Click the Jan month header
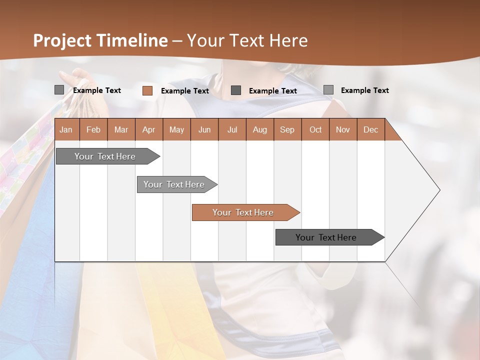click(66, 129)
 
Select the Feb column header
click(93, 129)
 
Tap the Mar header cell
click(121, 129)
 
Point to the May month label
click(176, 129)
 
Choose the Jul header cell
click(232, 129)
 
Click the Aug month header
click(259, 129)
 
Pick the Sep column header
click(287, 129)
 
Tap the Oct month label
click(315, 129)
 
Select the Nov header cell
click(342, 129)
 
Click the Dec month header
click(370, 129)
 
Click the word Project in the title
click(63, 40)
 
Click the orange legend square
click(147, 90)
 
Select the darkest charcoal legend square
click(236, 90)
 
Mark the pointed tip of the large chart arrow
click(439, 190)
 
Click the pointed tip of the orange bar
click(299, 212)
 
